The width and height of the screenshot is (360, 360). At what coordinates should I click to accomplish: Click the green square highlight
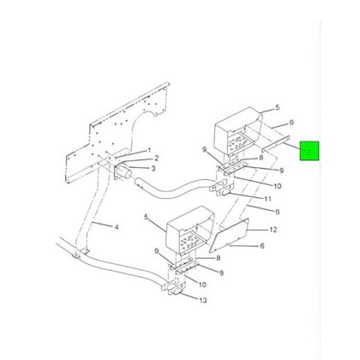click(309, 153)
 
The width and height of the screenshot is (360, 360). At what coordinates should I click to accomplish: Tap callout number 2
click(156, 159)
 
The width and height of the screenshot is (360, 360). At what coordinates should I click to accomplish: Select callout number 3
click(153, 169)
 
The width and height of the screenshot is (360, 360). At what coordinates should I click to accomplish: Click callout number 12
click(273, 230)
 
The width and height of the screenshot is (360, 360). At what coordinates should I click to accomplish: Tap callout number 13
click(202, 300)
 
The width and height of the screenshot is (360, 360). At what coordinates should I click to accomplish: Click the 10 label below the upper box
click(277, 186)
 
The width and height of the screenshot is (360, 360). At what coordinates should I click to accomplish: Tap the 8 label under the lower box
click(219, 257)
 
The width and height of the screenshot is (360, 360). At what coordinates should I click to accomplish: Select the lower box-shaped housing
click(183, 234)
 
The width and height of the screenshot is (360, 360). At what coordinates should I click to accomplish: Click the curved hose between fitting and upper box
click(171, 192)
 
